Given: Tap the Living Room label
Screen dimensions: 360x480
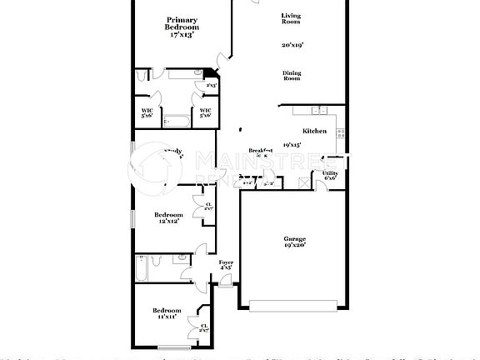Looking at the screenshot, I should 291,18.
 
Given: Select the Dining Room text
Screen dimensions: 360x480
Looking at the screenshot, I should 291,75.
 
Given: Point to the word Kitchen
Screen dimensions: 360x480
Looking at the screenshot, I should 314,131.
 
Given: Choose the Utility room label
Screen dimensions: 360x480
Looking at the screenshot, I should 330,172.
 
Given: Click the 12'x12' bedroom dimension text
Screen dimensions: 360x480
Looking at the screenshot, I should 170,221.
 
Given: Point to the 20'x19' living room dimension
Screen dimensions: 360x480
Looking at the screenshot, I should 291,44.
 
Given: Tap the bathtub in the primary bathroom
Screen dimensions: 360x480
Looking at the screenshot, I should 177,122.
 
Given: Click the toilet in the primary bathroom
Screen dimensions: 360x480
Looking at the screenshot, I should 144,77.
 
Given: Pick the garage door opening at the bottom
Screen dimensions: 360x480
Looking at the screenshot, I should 291,306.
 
